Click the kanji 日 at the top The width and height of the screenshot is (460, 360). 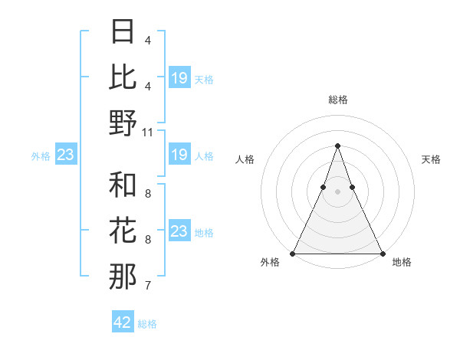[123, 33]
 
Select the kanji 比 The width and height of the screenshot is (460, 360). [123, 78]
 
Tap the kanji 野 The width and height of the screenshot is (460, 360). [123, 123]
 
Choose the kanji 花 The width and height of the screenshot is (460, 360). [123, 231]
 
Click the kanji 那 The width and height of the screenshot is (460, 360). [123, 277]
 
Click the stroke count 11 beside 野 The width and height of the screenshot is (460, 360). [148, 132]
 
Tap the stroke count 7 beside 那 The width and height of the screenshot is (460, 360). [147, 286]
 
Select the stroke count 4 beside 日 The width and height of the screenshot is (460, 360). [147, 41]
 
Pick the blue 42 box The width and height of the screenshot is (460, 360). [123, 322]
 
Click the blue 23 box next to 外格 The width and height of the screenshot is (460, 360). [66, 155]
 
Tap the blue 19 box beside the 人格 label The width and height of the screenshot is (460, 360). [179, 155]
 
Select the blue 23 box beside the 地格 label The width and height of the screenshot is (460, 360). [179, 231]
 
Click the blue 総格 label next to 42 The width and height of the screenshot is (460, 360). [147, 324]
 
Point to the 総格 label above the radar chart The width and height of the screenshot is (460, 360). [337, 100]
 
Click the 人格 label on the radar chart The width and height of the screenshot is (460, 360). [245, 159]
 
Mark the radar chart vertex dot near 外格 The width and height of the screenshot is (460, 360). [293, 253]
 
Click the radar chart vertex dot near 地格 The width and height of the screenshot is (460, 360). [382, 253]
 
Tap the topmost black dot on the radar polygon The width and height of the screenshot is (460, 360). [337, 146]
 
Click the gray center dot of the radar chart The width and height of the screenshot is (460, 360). [337, 191]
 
